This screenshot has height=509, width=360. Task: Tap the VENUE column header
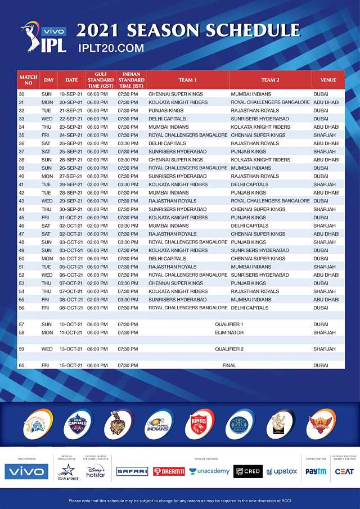pyautogui.click(x=328, y=80)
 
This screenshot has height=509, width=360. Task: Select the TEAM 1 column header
pyautogui.click(x=188, y=80)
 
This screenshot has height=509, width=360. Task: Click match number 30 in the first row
pyautogui.click(x=22, y=94)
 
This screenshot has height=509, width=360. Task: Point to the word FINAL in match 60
pyautogui.click(x=229, y=365)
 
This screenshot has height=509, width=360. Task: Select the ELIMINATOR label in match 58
pyautogui.click(x=229, y=332)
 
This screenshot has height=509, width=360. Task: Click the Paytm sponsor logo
pyautogui.click(x=316, y=471)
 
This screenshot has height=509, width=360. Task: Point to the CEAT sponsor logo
pyautogui.click(x=343, y=471)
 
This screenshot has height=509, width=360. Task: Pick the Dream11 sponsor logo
pyautogui.click(x=169, y=471)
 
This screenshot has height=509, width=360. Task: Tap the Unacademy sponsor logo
pyautogui.click(x=209, y=471)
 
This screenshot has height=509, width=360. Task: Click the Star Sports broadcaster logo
pyautogui.click(x=67, y=471)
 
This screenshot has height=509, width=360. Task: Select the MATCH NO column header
pyautogui.click(x=28, y=80)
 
